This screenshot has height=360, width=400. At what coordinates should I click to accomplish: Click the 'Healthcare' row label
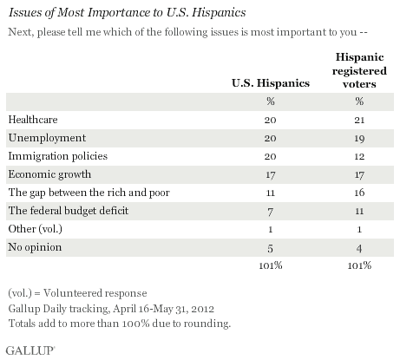(32, 119)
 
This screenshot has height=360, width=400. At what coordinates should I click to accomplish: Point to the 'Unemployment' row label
(40, 138)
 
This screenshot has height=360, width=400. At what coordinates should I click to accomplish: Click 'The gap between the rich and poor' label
(80, 195)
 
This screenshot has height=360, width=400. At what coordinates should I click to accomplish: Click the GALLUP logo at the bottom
(28, 350)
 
